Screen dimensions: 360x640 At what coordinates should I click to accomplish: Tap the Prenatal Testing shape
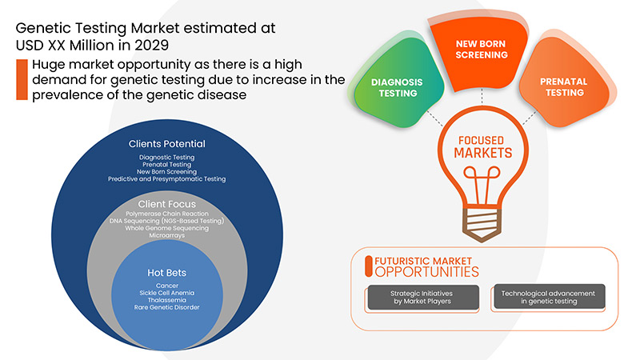click(560, 86)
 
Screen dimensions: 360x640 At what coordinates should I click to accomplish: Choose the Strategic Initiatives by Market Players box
click(418, 298)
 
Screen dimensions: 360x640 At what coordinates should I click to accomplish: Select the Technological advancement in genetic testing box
click(549, 298)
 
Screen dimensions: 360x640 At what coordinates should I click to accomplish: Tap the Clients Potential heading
click(167, 144)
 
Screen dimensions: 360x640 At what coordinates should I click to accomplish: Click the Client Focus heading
click(167, 204)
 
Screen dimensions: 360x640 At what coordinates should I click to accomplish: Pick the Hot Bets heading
click(167, 273)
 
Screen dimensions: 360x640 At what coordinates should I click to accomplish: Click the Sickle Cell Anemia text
click(167, 292)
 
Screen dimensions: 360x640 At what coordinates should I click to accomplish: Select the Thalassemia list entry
click(167, 300)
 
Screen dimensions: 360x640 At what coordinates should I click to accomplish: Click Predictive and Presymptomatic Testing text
click(167, 179)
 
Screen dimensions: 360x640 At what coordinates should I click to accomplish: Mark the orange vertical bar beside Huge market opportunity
click(21, 79)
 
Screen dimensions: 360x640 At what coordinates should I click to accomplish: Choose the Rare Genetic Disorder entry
click(167, 308)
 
